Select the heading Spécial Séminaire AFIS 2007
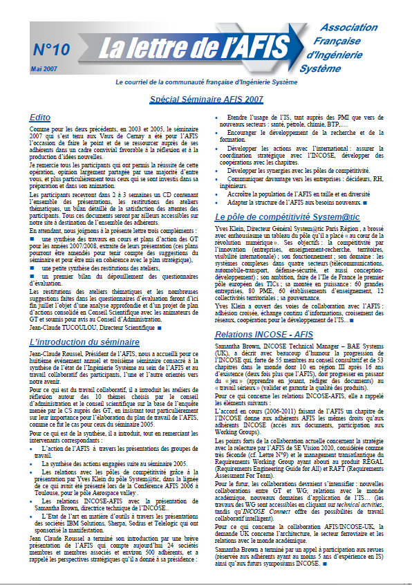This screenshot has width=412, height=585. point(206,100)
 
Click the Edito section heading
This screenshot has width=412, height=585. point(40,118)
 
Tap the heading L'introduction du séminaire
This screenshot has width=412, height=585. point(84,342)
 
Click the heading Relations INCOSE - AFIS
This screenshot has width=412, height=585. point(265,334)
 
